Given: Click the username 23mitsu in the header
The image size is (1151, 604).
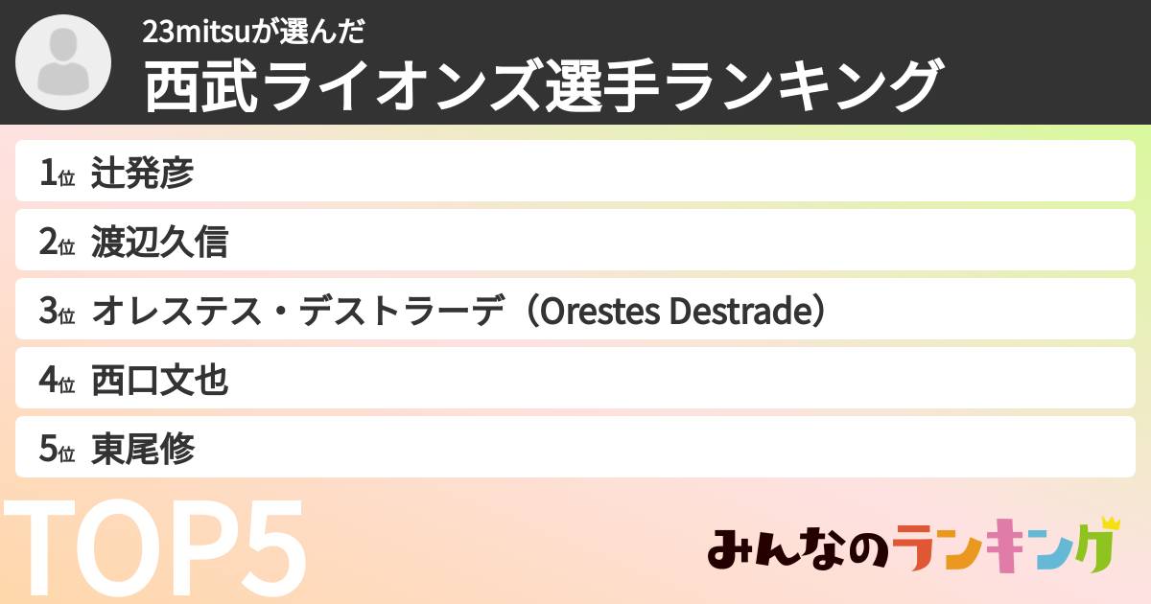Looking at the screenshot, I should (197, 33).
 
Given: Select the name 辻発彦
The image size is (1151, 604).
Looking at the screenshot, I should (143, 173).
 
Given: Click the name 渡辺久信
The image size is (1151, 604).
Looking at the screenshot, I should (160, 243).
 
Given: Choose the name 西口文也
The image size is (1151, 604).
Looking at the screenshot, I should (160, 381).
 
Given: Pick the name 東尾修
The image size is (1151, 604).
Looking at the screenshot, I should (143, 450).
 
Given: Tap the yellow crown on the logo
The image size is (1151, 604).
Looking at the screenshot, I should (1110, 523).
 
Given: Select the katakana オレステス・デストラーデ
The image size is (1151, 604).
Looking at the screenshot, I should (297, 312).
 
